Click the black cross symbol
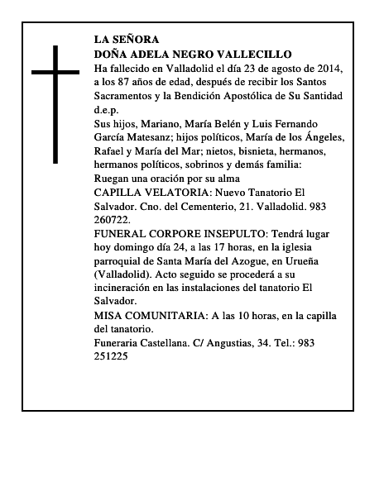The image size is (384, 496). [x=56, y=103]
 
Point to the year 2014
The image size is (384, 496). [x=327, y=68]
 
